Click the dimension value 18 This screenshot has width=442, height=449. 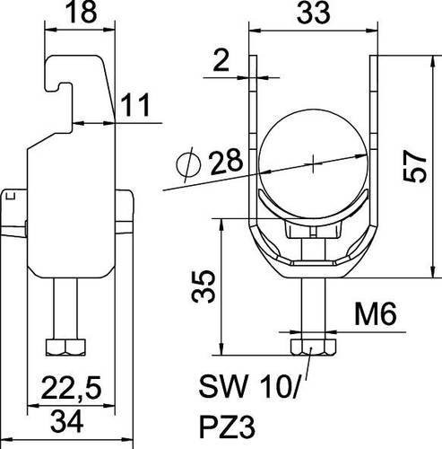point(82,12)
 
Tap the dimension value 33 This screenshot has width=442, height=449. point(313,13)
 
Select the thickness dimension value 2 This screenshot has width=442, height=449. point(221,60)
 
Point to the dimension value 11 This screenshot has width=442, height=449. point(135,105)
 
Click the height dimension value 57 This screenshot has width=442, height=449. point(414,166)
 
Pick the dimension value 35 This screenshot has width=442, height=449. point(204,286)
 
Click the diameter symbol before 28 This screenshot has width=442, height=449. point(188,165)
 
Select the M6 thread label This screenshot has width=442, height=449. point(375,313)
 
